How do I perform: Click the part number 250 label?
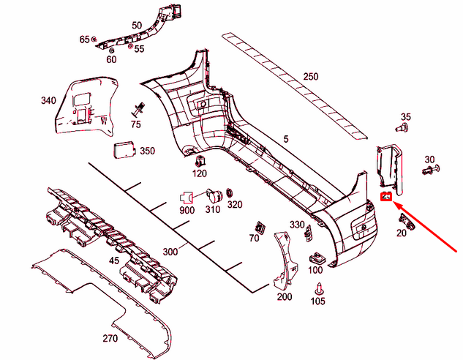[x=311, y=77]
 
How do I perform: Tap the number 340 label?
[x=48, y=100]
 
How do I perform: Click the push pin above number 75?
[x=139, y=110]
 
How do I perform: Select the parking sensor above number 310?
[x=214, y=195]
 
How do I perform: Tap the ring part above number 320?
[x=230, y=194]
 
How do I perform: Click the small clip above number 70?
[x=260, y=228]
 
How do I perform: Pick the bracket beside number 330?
[x=308, y=233]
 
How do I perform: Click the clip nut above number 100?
[x=317, y=259]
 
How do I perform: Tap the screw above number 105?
[x=319, y=289]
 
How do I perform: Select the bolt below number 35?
[x=402, y=128]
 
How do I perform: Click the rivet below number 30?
[x=431, y=170]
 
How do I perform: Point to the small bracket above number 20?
[x=407, y=221]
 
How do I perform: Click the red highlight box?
[x=386, y=196]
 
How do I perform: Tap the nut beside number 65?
[x=94, y=39]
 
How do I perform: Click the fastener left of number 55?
[x=130, y=46]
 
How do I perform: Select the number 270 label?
[x=110, y=338]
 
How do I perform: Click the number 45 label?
[x=114, y=260]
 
